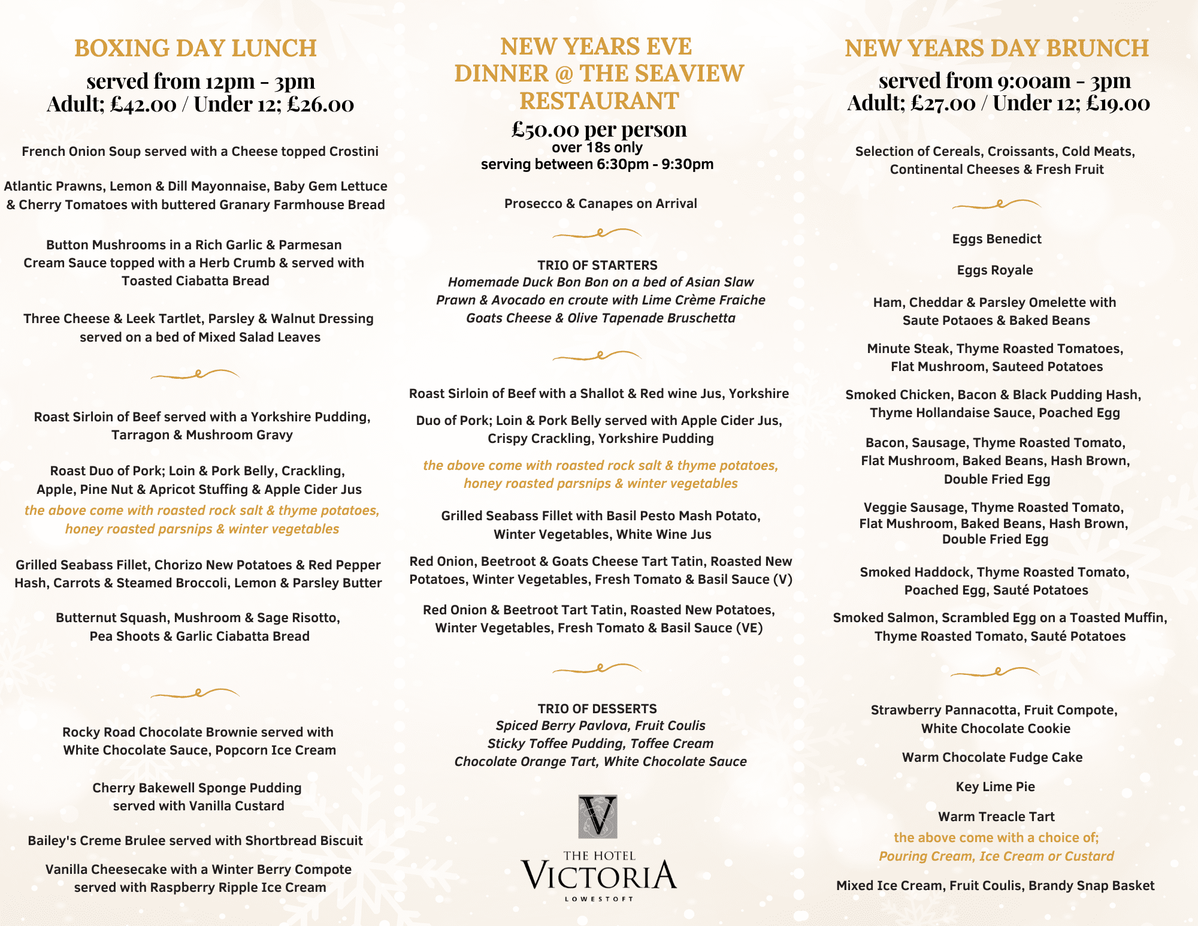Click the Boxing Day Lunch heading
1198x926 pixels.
point(195,48)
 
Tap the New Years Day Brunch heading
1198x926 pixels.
point(997,48)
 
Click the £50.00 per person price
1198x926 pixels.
point(599,129)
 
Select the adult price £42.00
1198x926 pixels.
point(144,104)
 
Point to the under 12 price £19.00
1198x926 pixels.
point(1118,103)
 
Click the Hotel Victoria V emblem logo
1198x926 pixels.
point(598,816)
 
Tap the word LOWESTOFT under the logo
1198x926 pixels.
point(599,899)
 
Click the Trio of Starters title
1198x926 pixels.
point(597,265)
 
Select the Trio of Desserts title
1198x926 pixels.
point(597,708)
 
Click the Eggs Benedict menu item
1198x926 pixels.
point(997,239)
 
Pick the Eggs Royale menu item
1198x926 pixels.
point(995,270)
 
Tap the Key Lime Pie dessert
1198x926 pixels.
point(996,786)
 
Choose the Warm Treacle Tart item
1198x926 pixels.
point(996,816)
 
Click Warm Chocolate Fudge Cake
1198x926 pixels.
point(993,757)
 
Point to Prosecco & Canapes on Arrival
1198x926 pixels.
point(601,203)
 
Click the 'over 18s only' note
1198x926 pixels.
point(597,147)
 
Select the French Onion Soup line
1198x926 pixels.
point(200,151)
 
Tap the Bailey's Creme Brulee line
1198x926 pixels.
point(195,840)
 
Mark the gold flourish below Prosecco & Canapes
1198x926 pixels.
point(597,233)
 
